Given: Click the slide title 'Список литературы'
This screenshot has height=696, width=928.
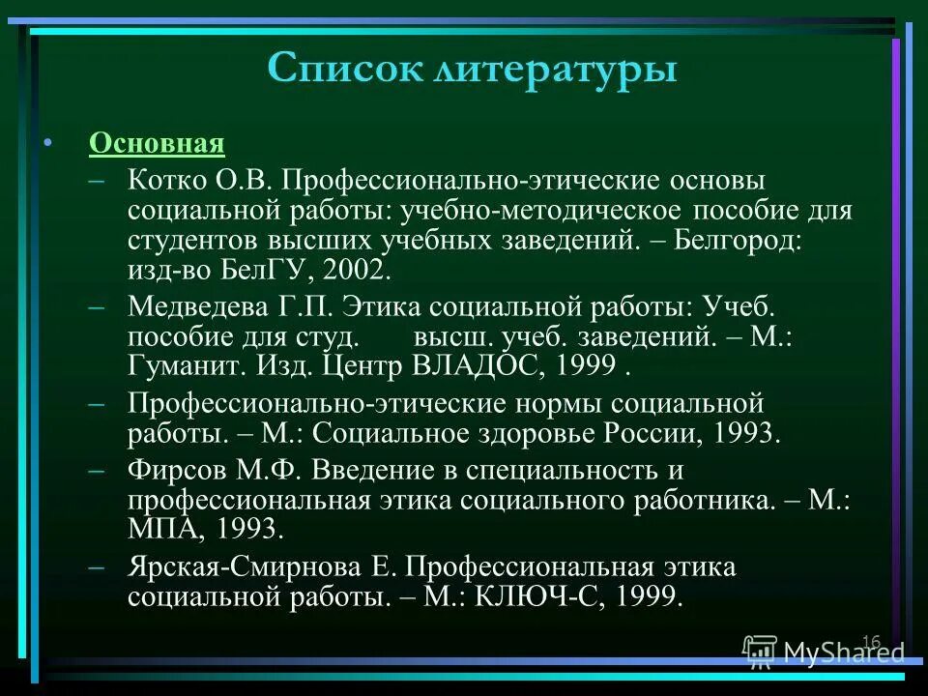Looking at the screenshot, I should click(472, 70).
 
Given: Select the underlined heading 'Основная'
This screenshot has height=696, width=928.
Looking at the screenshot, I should click(157, 144).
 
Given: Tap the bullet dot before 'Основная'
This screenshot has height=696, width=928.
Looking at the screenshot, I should click(46, 144).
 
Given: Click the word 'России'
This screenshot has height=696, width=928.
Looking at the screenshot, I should click(653, 433).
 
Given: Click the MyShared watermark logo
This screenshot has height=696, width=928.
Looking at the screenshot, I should click(824, 653).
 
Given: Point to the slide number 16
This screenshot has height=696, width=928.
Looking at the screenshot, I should click(871, 643).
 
